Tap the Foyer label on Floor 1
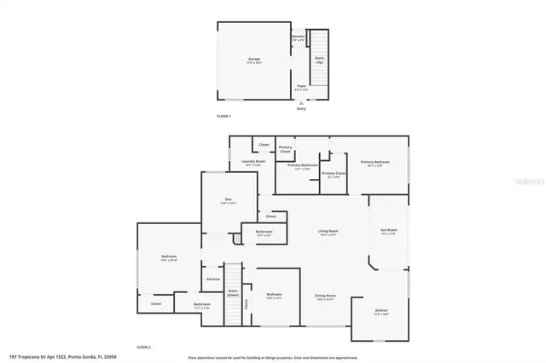[301, 86]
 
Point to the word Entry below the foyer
[300, 109]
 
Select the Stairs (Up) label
[319, 60]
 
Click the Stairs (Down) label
[233, 292]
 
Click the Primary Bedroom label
[375, 162]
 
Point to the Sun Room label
[388, 230]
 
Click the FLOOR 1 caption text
[224, 116]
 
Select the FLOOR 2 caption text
[144, 348]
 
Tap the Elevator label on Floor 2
[212, 279]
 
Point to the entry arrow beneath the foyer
[300, 102]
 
